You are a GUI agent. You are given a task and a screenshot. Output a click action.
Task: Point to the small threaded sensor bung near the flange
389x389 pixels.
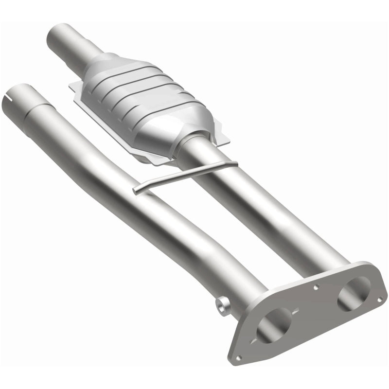pos(222,306)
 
